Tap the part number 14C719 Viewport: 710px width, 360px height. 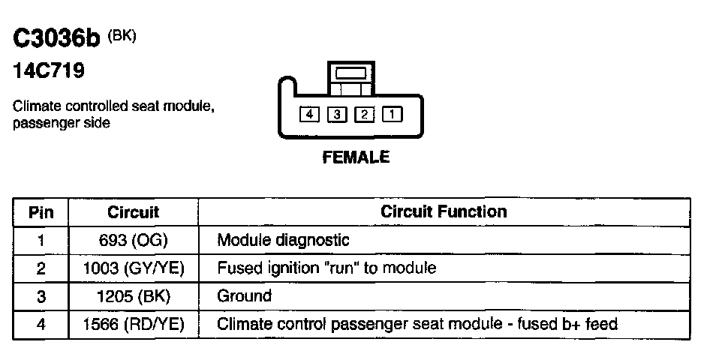[x=49, y=71]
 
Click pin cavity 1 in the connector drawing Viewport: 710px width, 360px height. [x=392, y=115]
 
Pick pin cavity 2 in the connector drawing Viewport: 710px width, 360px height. [x=364, y=115]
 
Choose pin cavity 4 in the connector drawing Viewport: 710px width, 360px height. [x=310, y=115]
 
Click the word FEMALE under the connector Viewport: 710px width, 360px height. [x=357, y=157]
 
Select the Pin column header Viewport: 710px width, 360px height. [x=41, y=212]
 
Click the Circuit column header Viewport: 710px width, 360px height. [x=134, y=212]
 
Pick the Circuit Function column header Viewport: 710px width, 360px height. [x=444, y=211]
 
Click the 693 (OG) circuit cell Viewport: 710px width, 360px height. [x=134, y=241]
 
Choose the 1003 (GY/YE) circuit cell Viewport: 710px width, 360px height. [x=134, y=268]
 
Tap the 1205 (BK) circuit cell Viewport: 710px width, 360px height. [x=134, y=295]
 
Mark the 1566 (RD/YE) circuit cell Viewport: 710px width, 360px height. [x=134, y=323]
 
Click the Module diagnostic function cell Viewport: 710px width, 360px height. [x=283, y=241]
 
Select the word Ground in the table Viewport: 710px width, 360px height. [x=244, y=295]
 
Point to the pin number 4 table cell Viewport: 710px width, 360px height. [x=41, y=323]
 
